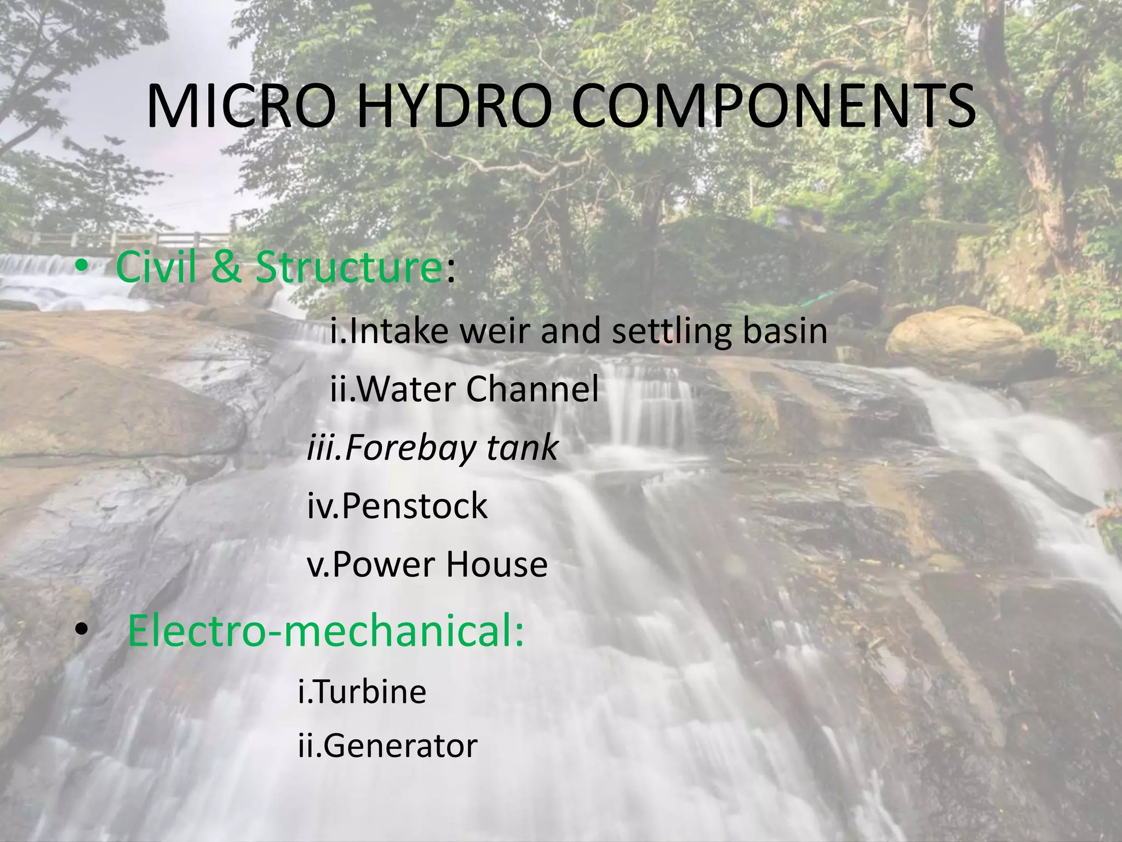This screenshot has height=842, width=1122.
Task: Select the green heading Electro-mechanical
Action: pyautogui.click(x=325, y=631)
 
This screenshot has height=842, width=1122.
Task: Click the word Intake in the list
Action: pyautogui.click(x=398, y=331)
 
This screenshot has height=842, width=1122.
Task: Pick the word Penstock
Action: pyautogui.click(x=414, y=505)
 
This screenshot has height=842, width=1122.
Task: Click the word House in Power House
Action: pyautogui.click(x=496, y=564)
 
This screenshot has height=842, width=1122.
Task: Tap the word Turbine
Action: pyautogui.click(x=369, y=692)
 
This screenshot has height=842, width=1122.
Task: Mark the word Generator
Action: pyautogui.click(x=400, y=746)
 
